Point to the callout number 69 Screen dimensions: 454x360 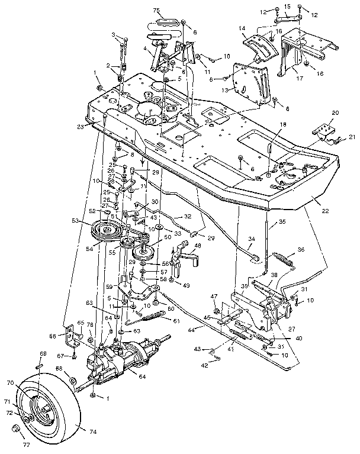(x=42, y=354)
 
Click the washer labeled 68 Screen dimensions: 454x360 (x=72, y=379)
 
